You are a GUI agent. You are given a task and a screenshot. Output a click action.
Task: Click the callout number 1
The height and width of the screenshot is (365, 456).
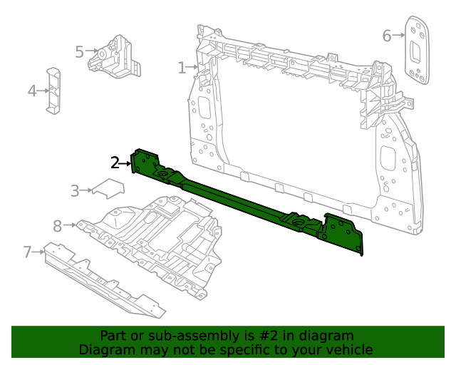pos(182,68)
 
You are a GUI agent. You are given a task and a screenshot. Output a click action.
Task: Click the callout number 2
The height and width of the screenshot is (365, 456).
pos(115,163)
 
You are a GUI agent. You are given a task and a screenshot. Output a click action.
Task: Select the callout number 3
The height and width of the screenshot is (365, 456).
pos(75,190)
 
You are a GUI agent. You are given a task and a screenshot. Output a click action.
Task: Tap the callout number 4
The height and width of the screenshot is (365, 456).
pos(32,91)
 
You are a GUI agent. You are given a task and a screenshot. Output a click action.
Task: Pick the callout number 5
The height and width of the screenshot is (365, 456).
pos(79,51)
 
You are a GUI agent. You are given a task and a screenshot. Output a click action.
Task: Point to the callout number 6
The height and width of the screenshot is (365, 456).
pos(387,36)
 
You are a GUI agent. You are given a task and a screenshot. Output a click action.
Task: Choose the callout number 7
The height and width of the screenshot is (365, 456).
pos(28,252)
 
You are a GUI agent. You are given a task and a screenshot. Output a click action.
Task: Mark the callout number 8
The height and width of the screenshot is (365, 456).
pos(58,226)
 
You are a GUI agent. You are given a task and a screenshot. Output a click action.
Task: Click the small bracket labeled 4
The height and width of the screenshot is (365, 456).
pos(53,91)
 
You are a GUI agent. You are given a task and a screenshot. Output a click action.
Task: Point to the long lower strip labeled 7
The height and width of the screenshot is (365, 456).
pos(103,279)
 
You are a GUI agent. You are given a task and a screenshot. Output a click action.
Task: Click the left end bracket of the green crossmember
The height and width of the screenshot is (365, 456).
pos(145,163)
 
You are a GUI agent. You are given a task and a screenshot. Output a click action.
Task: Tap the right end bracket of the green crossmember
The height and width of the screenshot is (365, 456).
pos(345,232)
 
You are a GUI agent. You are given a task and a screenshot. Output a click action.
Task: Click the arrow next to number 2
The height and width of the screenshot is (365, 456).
pos(125,163)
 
